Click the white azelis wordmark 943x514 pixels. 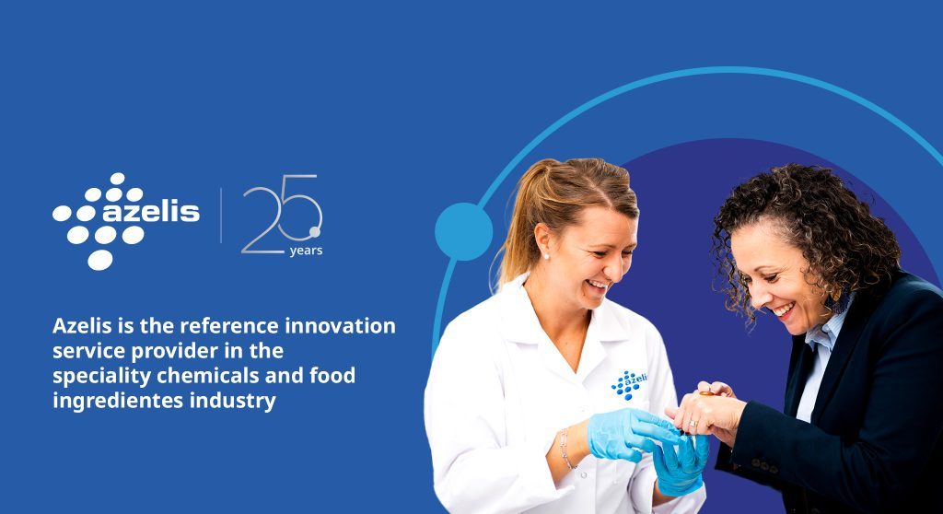point(151,212)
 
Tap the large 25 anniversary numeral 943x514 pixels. point(282,214)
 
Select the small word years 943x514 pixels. point(306,251)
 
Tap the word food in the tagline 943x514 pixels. point(332,375)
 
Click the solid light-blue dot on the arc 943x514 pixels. point(464,232)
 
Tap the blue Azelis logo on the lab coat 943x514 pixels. point(629,384)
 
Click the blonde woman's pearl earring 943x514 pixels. point(546,256)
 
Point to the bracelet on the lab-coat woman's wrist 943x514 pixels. point(566,449)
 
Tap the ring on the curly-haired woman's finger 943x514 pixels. point(693,424)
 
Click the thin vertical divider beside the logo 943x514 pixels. point(221,215)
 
